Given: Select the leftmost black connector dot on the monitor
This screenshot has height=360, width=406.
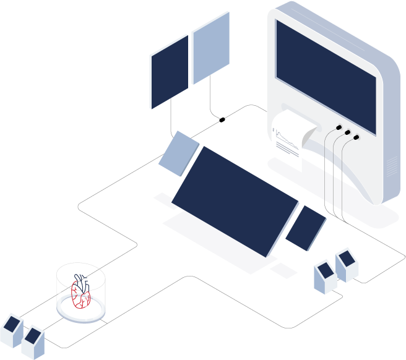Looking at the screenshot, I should pyautogui.click(x=339, y=127).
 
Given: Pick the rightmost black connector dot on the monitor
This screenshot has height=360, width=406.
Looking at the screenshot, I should pyautogui.click(x=356, y=137).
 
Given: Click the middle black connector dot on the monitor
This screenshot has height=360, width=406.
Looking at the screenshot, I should pyautogui.click(x=348, y=132).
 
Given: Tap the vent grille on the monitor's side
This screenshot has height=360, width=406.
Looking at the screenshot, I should pyautogui.click(x=392, y=165).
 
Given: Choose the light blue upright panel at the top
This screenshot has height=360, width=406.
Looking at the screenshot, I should pyautogui.click(x=211, y=48).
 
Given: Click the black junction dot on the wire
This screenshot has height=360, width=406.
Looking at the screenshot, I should pyautogui.click(x=222, y=119).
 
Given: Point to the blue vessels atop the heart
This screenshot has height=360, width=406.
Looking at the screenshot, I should pyautogui.click(x=80, y=280).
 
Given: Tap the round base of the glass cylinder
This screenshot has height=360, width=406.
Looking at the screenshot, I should pyautogui.click(x=80, y=312).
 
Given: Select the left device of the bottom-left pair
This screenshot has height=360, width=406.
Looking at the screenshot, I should pyautogui.click(x=12, y=330).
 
